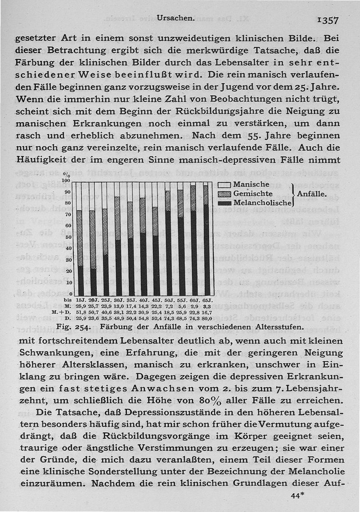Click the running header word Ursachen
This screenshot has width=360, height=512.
(175, 18)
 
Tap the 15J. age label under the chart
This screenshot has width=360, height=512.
(81, 300)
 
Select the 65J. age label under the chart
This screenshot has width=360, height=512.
(207, 300)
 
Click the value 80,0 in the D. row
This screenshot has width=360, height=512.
(207, 318)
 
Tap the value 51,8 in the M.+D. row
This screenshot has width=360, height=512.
(81, 312)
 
